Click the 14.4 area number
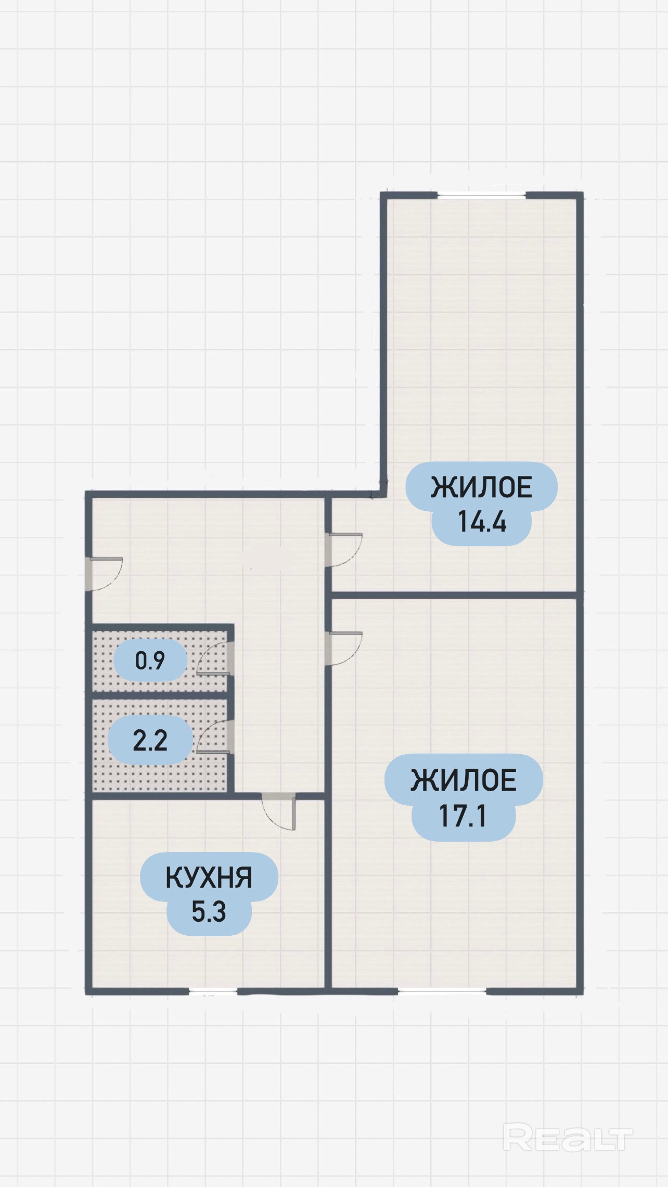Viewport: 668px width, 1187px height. (482, 521)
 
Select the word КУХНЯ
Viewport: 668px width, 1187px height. (209, 878)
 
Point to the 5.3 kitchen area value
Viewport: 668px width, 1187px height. (209, 912)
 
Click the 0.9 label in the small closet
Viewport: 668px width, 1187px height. (150, 661)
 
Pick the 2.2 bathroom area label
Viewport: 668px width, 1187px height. (150, 740)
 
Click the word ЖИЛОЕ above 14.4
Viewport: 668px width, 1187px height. (481, 487)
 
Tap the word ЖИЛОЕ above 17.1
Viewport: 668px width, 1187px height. (464, 780)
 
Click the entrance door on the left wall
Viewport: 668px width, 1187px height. (104, 574)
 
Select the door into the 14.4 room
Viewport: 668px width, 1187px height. (343, 550)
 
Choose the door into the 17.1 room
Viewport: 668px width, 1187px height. (343, 648)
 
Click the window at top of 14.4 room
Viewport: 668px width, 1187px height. (481, 196)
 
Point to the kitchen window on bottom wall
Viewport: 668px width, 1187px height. (213, 991)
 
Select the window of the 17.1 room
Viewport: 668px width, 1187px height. (442, 991)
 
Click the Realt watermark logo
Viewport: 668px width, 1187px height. (568, 1138)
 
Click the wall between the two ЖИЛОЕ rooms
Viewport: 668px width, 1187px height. (454, 595)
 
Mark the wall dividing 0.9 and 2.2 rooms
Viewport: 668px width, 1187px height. (160, 695)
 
